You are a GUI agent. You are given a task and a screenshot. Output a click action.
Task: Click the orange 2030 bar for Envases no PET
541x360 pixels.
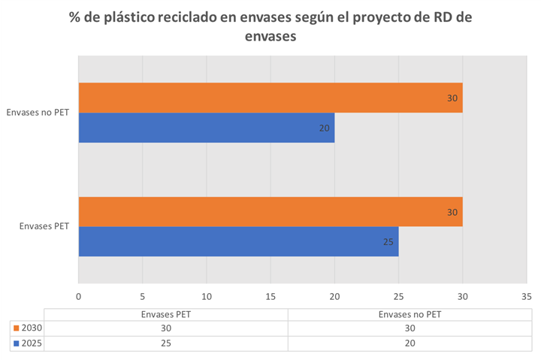coord(270,98)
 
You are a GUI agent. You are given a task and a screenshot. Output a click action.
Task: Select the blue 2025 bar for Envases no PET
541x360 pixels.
coord(207,128)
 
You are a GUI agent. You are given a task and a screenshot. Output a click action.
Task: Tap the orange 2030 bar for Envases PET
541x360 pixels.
coord(270,212)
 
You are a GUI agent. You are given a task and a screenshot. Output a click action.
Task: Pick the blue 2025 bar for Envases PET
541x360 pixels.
coord(238,241)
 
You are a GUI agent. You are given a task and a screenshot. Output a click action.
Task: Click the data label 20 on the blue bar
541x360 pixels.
coord(325,128)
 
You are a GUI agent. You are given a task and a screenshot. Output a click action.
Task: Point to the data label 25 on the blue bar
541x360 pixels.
coord(388,242)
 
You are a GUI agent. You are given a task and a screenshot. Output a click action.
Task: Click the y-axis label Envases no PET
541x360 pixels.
coord(38,113)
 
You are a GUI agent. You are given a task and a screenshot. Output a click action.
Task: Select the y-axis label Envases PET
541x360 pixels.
coord(44,226)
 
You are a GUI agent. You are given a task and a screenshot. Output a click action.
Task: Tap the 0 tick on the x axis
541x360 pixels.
coord(79,296)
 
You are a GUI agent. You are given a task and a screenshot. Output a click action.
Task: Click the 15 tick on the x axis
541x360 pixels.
coord(270,296)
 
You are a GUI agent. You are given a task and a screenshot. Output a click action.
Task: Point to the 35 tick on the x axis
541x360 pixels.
coord(527,296)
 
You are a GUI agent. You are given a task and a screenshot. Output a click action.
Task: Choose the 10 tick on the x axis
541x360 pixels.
coord(207,296)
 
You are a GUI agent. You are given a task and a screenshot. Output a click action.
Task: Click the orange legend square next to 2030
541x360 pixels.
coord(17,328)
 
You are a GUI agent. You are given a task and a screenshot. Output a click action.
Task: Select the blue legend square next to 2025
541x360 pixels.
coord(17,343)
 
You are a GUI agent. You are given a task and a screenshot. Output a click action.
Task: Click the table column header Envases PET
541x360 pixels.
coord(166,314)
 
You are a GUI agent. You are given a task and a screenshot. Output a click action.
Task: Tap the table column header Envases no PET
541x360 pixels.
coord(410,314)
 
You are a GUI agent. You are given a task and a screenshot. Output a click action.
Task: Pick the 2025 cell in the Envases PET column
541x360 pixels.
coord(166,343)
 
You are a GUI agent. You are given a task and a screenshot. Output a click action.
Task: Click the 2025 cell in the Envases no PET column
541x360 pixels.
coord(410,343)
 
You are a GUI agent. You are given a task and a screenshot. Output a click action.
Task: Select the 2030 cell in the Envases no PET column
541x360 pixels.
coord(410,328)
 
